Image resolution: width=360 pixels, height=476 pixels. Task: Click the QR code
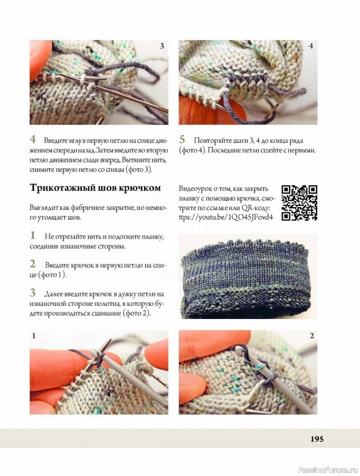tap(299, 202)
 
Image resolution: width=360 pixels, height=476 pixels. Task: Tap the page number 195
tap(317, 439)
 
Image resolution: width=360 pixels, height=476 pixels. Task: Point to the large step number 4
tap(33, 139)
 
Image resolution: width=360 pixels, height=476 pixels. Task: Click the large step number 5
tap(182, 139)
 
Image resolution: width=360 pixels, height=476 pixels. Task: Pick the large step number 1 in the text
tap(32, 235)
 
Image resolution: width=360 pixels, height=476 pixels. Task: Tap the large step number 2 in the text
tap(33, 264)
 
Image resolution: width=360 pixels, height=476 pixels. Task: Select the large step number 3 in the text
tap(33, 293)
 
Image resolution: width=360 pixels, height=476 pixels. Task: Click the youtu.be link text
tap(226, 217)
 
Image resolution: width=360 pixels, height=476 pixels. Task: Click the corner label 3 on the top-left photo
tap(162, 46)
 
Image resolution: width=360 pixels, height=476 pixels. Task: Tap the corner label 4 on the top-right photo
tap(311, 46)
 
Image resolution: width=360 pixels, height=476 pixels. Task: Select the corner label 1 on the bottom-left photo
tap(34, 336)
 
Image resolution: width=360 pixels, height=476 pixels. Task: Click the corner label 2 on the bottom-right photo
tap(312, 336)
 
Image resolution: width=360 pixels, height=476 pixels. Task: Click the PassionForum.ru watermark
tap(328, 471)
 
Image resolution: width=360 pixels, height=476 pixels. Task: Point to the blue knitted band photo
tap(248, 276)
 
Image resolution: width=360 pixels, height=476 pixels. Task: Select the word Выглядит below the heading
tap(42, 208)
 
